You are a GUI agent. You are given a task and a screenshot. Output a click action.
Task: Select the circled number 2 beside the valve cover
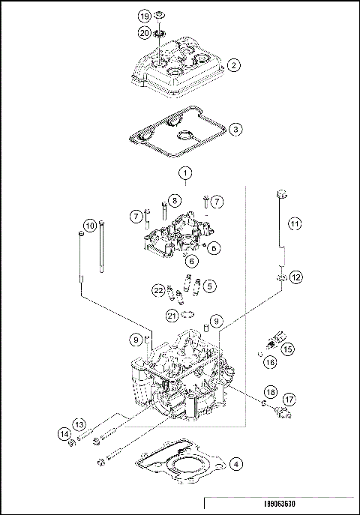pyautogui.click(x=234, y=65)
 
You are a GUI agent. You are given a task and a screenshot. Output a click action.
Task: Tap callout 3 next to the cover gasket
pyautogui.click(x=235, y=129)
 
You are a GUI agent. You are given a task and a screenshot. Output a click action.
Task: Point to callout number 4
pyautogui.click(x=235, y=463)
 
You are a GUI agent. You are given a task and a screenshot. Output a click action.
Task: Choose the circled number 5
pyautogui.click(x=211, y=285)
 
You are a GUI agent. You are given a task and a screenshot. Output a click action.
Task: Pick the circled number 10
pyautogui.click(x=89, y=225)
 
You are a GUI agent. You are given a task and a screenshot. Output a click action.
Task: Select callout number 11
pyautogui.click(x=295, y=223)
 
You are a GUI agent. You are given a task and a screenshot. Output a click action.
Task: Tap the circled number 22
pyautogui.click(x=158, y=290)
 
